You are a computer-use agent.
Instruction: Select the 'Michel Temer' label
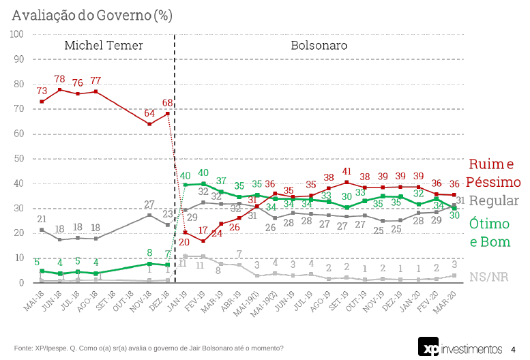coord(104,46)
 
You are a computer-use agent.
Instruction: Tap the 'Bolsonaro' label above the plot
coord(319,46)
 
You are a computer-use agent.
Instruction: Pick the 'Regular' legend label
coord(495,201)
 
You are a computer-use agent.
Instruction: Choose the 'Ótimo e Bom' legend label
coord(490,232)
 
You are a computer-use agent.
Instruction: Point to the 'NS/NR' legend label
coord(488,276)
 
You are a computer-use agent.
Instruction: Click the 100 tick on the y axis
coord(16,34)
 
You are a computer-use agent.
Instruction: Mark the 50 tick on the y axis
coord(18,158)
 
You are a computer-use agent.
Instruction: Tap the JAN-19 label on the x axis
coord(178,298)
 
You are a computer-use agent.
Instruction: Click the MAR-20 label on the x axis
coord(447,298)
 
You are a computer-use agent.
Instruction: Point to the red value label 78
coord(60,79)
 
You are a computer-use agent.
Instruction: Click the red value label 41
coord(347,172)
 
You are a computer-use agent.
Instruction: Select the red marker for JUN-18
coord(60,89)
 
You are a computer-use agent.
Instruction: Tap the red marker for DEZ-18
coord(167,113)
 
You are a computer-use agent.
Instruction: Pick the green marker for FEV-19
coord(203,183)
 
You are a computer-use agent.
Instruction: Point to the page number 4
coord(513,349)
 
